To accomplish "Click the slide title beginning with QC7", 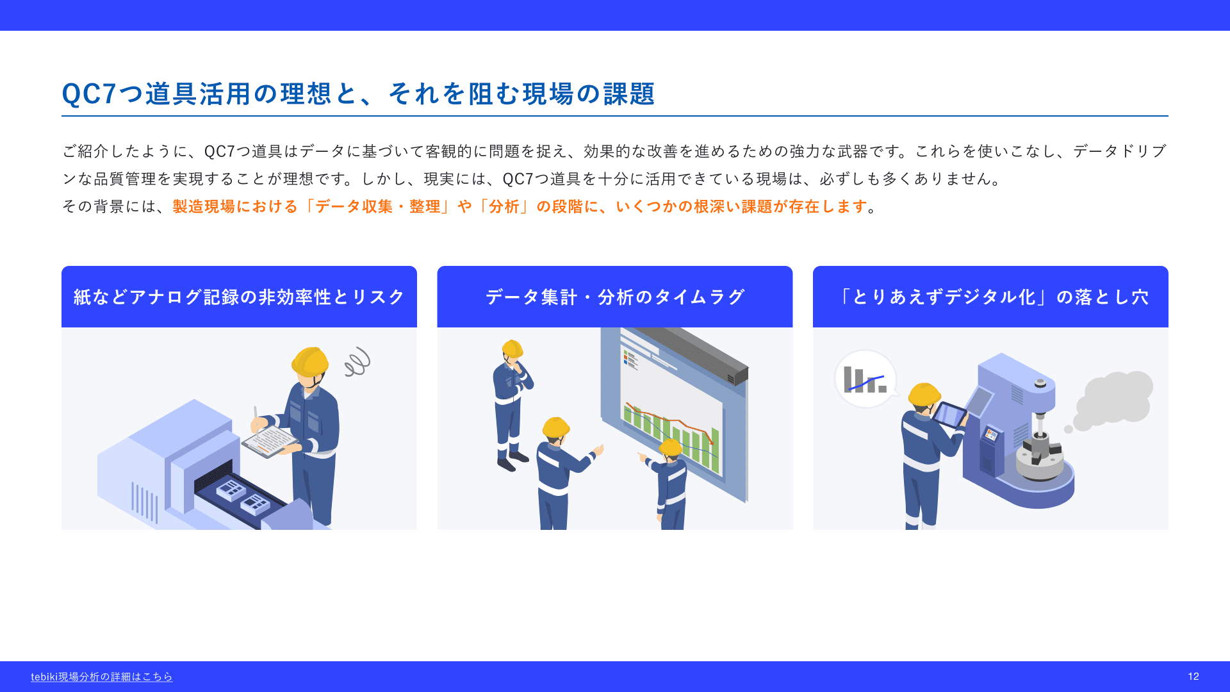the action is coord(358,94).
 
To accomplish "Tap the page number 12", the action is coord(1193,677).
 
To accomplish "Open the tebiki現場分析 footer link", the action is coord(102,677).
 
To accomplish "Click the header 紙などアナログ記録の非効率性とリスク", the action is coord(239,297).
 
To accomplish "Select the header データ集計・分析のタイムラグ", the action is coord(615,297).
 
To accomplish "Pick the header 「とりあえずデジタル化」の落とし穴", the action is coord(990,297).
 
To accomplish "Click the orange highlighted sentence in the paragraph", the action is coord(520,206).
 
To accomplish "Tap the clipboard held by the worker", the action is coord(270,441).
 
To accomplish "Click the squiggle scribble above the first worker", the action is coord(357,362).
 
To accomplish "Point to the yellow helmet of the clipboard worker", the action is coord(310,362).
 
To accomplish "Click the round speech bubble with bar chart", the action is coord(865,379).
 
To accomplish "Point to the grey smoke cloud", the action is coord(1113,400).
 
